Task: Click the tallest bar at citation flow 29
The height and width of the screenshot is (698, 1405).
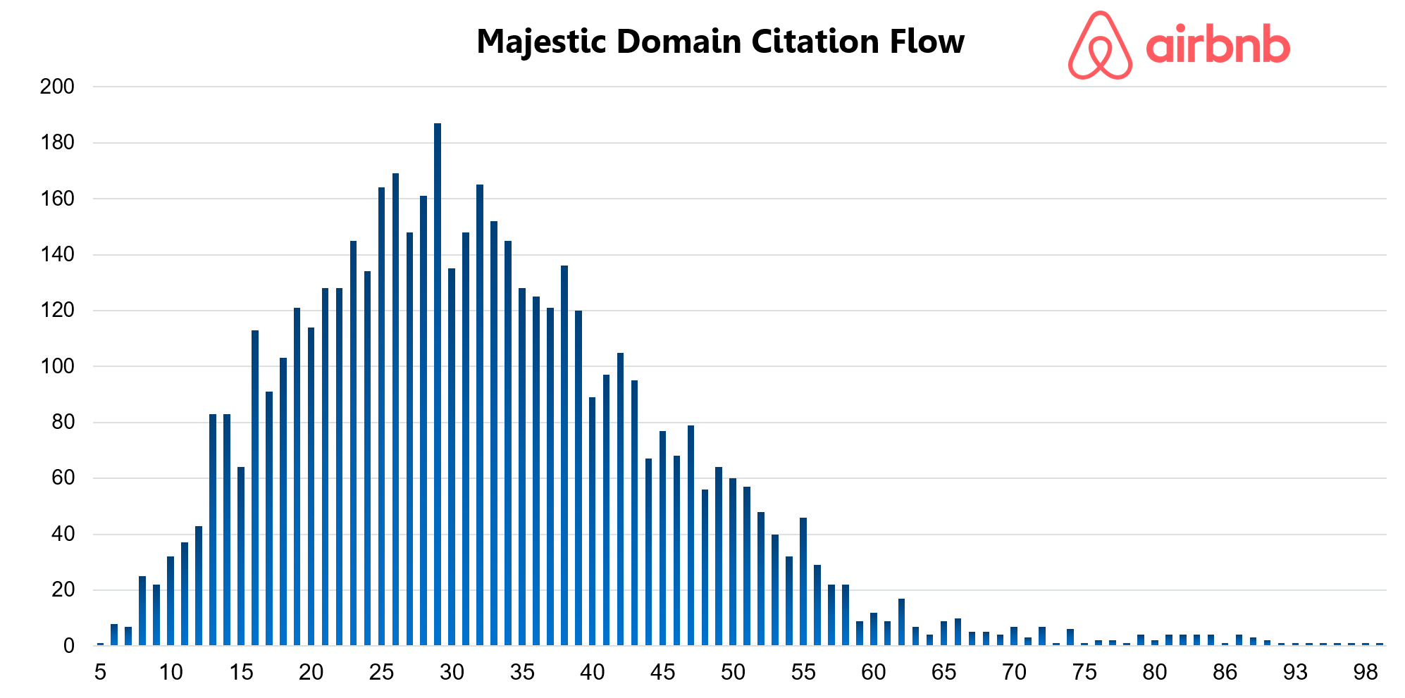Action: point(438,384)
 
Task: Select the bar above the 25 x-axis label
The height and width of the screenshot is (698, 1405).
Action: point(381,416)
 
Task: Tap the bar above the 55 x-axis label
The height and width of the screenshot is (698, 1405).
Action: point(803,582)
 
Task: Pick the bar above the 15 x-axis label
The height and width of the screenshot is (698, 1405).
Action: point(241,556)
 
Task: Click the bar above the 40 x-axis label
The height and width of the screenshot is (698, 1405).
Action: point(593,521)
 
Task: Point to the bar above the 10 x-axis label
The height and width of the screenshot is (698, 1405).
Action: point(171,601)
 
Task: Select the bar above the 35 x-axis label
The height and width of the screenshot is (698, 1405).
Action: point(522,466)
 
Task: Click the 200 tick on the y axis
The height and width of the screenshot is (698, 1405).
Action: point(57,87)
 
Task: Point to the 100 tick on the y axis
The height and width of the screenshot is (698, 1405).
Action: point(57,366)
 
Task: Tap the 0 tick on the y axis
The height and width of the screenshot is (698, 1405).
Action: point(68,646)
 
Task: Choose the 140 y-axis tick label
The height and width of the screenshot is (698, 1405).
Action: point(57,254)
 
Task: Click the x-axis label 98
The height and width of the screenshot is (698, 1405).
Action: point(1365,673)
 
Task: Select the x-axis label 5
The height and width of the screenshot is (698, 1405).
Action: point(100,673)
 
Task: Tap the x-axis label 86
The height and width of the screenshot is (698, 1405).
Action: point(1225,673)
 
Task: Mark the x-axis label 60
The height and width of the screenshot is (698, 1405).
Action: point(873,673)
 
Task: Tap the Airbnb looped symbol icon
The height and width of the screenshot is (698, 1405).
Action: point(1099,46)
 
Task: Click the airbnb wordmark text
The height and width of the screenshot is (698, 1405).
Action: point(1218,46)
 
